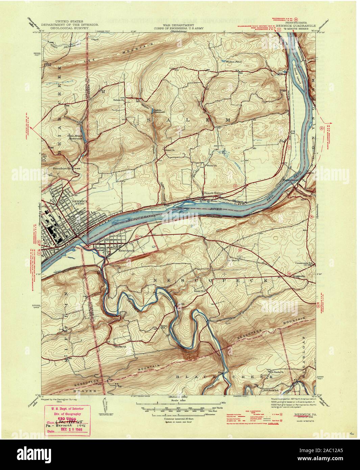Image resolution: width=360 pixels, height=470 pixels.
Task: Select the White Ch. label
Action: (x=212, y=166)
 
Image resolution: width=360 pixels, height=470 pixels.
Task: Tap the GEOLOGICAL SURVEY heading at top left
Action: (x=65, y=28)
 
